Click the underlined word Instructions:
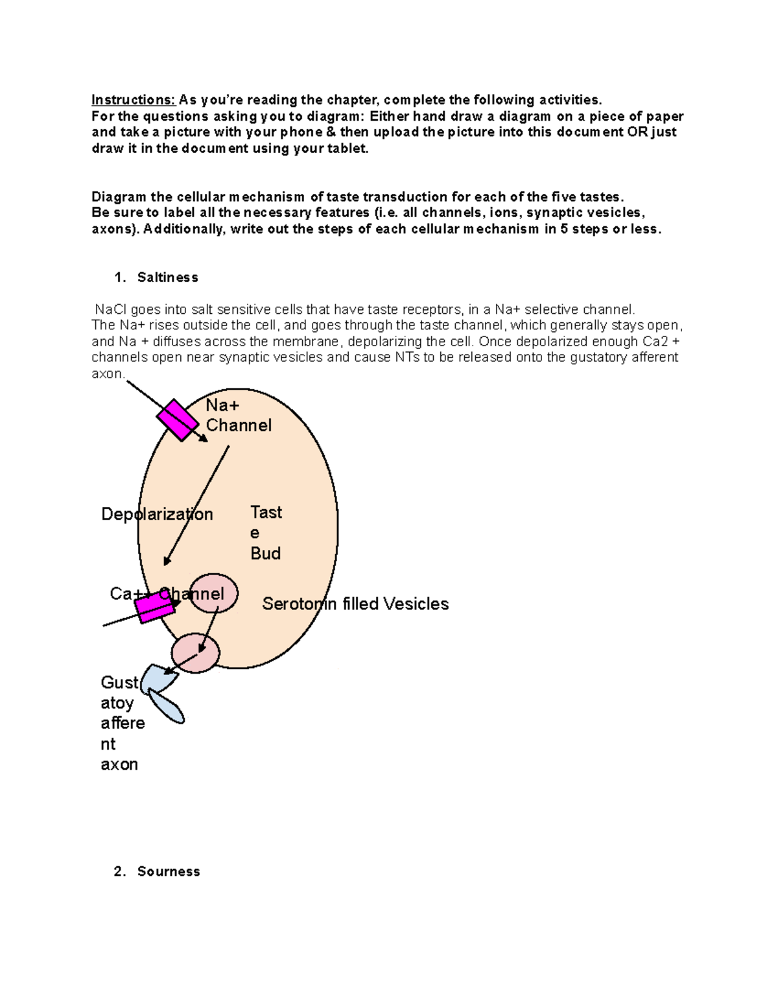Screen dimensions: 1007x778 (x=133, y=100)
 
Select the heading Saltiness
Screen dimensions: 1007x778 (x=167, y=278)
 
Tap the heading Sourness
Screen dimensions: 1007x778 (x=169, y=871)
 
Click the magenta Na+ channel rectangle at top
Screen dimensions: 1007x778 (x=177, y=420)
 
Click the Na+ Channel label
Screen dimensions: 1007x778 (x=238, y=416)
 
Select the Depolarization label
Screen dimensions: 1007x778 (x=157, y=514)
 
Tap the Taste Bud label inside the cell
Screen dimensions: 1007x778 (x=266, y=532)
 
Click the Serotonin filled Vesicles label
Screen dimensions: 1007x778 (x=355, y=604)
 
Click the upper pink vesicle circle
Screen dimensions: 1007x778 (x=213, y=593)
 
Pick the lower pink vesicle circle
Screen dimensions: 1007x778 (x=195, y=653)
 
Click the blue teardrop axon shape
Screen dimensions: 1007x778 (x=167, y=707)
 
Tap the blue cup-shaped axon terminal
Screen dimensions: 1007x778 (x=157, y=678)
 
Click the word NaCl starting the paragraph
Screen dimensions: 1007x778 (x=111, y=309)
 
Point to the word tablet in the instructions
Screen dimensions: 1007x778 (x=349, y=148)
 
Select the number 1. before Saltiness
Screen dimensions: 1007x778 (x=119, y=278)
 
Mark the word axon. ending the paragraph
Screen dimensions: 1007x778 (x=108, y=373)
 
